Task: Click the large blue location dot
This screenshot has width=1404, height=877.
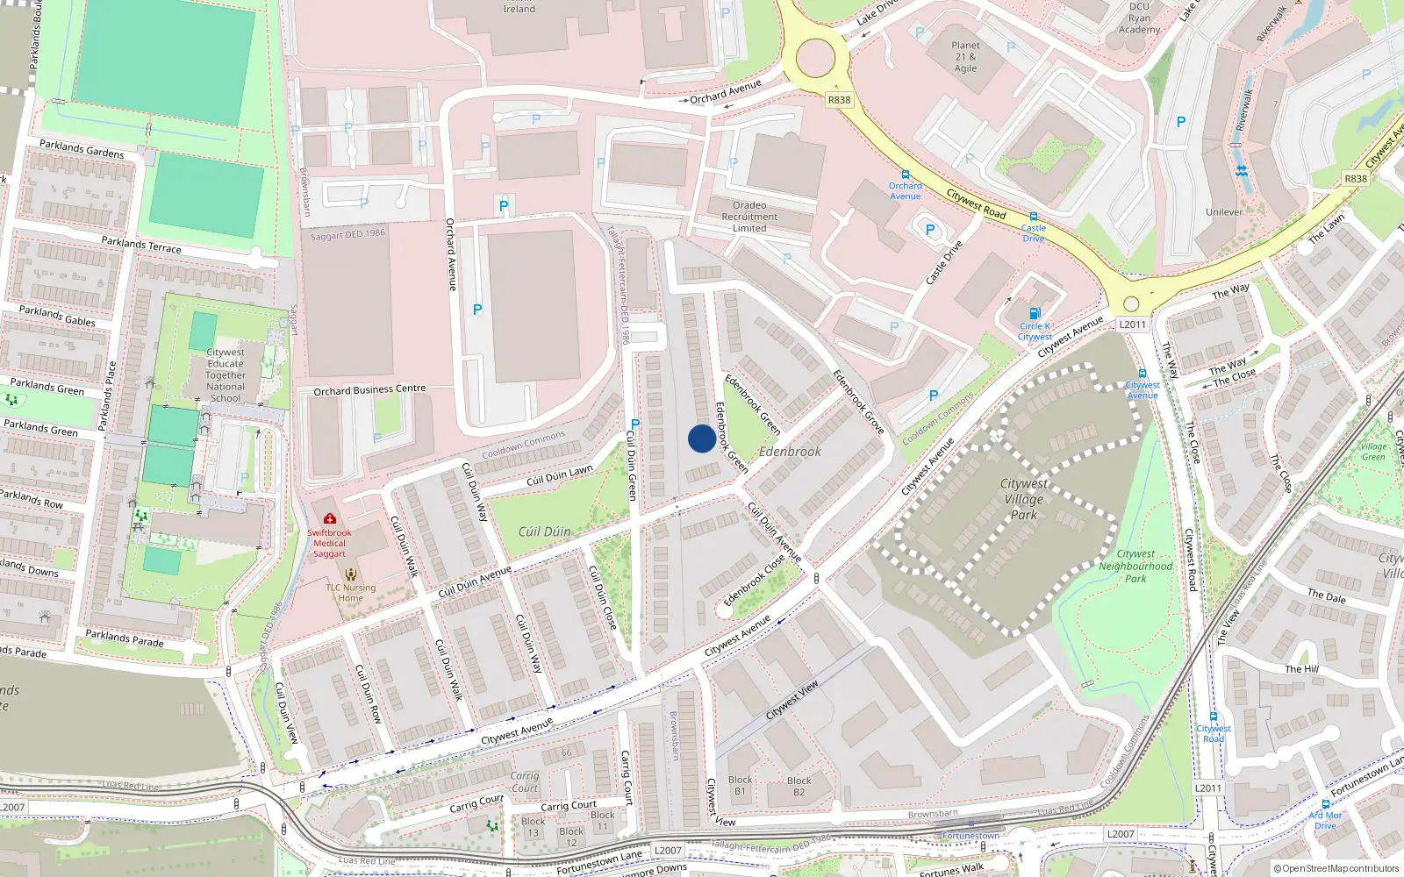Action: pyautogui.click(x=701, y=438)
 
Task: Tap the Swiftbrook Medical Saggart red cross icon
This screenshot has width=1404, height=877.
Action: pyautogui.click(x=330, y=519)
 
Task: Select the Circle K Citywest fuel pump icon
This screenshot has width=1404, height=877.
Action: pyautogui.click(x=1035, y=313)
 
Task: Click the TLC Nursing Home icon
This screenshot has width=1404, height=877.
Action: pyautogui.click(x=351, y=574)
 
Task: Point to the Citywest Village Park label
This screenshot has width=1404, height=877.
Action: pyautogui.click(x=1023, y=499)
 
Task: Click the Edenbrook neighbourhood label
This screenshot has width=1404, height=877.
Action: pyautogui.click(x=790, y=452)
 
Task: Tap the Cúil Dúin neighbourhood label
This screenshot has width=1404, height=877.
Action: pyautogui.click(x=544, y=531)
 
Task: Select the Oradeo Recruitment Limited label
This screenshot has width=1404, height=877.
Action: pyautogui.click(x=749, y=217)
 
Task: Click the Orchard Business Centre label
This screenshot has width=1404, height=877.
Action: pyautogui.click(x=369, y=390)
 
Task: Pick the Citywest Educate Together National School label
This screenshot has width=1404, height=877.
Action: pyautogui.click(x=226, y=374)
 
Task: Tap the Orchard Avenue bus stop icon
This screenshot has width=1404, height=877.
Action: pyautogui.click(x=906, y=175)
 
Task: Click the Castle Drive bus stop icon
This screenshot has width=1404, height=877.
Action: pyautogui.click(x=1034, y=217)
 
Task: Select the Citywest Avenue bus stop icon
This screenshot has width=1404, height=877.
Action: pyautogui.click(x=1142, y=374)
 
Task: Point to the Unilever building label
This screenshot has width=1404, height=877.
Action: pyautogui.click(x=1223, y=212)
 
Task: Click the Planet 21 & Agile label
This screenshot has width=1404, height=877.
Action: pyautogui.click(x=965, y=57)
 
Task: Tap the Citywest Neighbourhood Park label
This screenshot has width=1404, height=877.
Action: pyautogui.click(x=1135, y=566)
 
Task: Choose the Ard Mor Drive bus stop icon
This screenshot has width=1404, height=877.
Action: pyautogui.click(x=1325, y=804)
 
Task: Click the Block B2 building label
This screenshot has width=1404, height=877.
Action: pyautogui.click(x=799, y=786)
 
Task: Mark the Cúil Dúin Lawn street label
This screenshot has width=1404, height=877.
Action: pyautogui.click(x=559, y=476)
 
